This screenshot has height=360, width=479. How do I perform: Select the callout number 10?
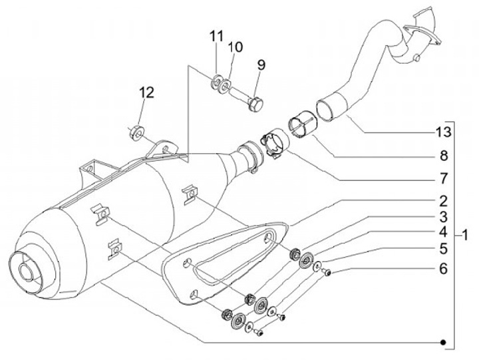tap(236, 48)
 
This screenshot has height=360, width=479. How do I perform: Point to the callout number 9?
tap(260, 66)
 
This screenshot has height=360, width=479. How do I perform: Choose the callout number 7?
tap(442, 179)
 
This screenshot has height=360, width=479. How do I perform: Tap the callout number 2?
tap(442, 200)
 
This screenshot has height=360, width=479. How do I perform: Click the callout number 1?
tap(467, 235)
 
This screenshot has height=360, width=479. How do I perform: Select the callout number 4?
tap(442, 233)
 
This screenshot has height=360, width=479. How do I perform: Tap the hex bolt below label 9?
tap(257, 104)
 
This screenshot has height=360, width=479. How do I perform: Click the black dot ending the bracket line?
tap(444, 342)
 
